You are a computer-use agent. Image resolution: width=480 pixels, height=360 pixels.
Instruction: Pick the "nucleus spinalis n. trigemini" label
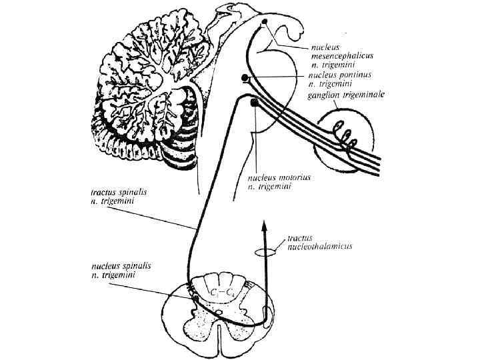[x=121, y=270]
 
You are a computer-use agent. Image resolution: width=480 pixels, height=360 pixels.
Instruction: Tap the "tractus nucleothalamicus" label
[x=319, y=241]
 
